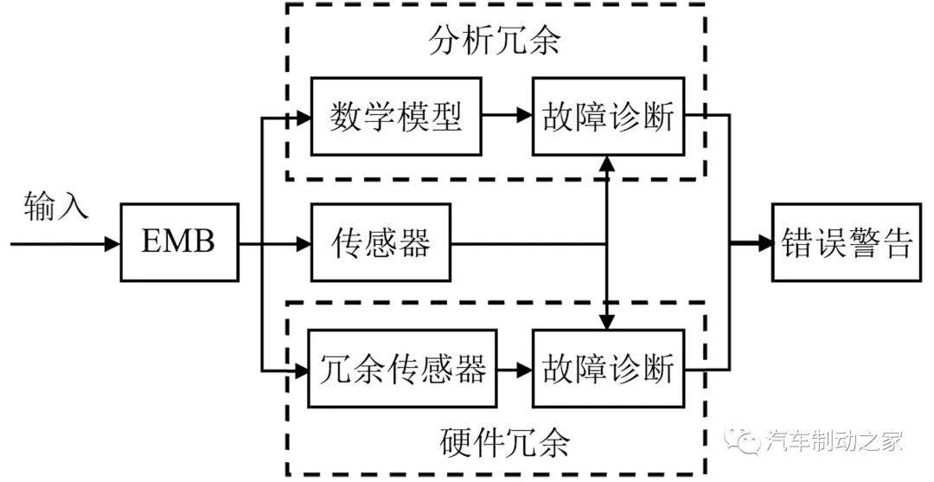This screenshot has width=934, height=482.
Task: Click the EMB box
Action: click(178, 243)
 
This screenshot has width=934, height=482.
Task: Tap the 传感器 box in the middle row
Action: click(381, 243)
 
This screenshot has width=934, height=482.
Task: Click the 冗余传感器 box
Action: click(403, 370)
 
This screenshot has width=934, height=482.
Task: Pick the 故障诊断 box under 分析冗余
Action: click(607, 116)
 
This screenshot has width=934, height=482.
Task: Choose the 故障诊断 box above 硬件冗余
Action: click(607, 370)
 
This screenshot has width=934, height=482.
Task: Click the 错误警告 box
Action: click(847, 243)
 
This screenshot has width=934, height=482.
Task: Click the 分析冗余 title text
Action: click(494, 41)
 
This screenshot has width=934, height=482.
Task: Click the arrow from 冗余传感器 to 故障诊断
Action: click(515, 370)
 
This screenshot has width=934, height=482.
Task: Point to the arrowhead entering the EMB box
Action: click(112, 244)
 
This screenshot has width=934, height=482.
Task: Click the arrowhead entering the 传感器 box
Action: click(304, 244)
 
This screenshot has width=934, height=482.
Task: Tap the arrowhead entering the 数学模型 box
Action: click(304, 116)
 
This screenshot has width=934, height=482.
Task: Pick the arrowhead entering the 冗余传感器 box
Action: click(304, 370)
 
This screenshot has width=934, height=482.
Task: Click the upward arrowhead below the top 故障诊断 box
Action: click(608, 163)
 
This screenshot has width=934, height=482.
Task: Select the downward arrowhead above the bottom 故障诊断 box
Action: click(608, 323)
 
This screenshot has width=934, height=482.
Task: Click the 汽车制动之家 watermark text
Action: click(835, 441)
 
